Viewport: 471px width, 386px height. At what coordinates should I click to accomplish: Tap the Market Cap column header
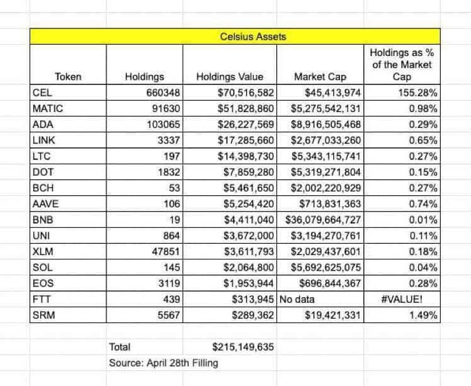(x=319, y=77)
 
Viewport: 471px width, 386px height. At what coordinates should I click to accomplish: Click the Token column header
(x=68, y=77)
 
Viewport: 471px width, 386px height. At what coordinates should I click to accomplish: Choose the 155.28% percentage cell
(x=418, y=93)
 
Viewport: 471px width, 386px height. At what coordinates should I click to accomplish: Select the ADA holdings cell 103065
(x=162, y=123)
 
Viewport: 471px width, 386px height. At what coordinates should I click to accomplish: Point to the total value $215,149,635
(x=242, y=347)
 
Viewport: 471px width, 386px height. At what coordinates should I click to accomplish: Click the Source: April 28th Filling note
(x=163, y=363)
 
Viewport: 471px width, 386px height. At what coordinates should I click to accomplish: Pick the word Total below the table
(x=120, y=347)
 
